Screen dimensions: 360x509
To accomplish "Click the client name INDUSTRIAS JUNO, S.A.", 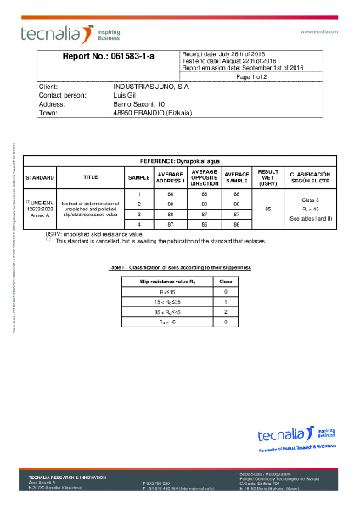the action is (151, 87).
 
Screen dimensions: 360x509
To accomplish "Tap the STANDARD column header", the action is (40, 177).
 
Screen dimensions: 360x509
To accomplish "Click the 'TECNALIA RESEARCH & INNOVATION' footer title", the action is (67, 478).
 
